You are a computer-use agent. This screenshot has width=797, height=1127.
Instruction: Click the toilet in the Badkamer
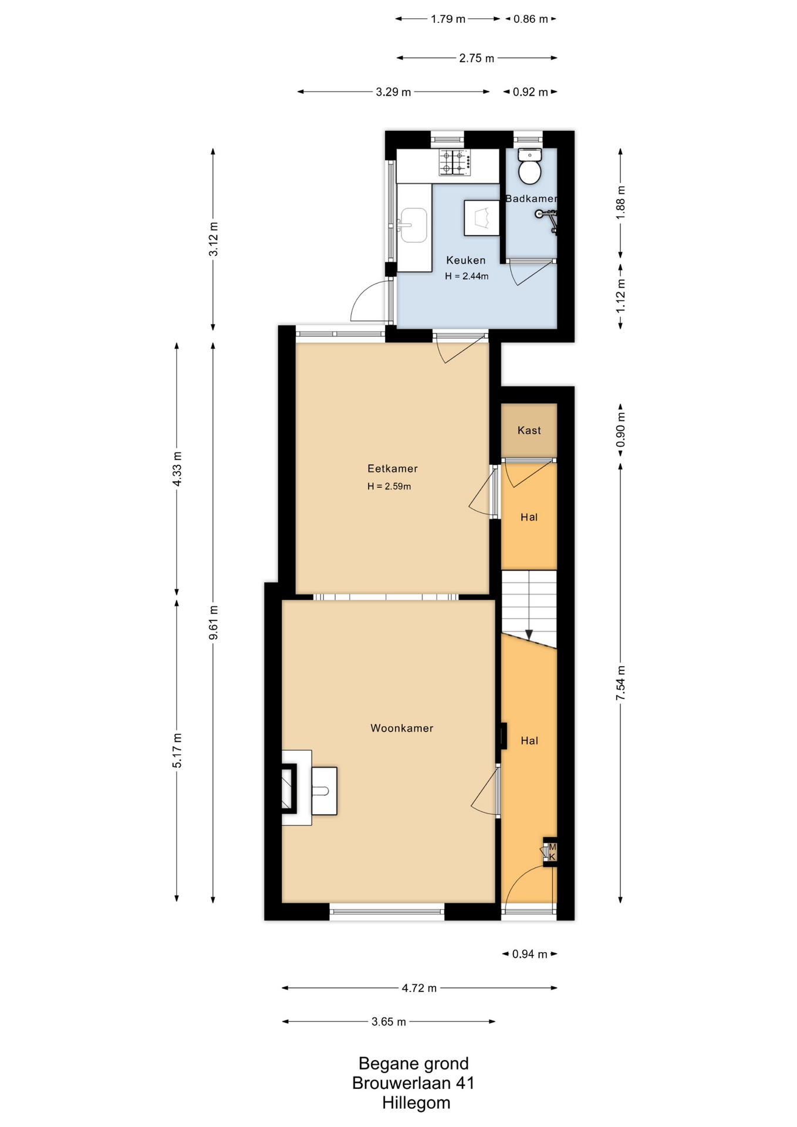point(530,167)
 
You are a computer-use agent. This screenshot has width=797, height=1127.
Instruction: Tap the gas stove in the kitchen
point(455,163)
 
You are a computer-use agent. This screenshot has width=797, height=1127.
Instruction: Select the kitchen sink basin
point(413,225)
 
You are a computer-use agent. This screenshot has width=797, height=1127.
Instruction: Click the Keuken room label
point(466,260)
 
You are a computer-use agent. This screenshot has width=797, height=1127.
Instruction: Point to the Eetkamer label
point(393,468)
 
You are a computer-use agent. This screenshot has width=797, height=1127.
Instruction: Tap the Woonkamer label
point(402,728)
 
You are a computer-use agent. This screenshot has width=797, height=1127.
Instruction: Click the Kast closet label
point(529,430)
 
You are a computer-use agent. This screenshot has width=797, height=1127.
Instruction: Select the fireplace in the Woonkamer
point(289,788)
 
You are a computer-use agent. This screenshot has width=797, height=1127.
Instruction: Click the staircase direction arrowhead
point(529,635)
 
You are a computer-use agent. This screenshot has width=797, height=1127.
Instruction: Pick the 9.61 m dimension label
point(214,622)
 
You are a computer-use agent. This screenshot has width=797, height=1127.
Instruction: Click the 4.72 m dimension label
point(419,988)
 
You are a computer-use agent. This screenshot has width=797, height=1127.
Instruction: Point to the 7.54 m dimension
point(620,683)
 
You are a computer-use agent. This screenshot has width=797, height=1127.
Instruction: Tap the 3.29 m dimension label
point(393,92)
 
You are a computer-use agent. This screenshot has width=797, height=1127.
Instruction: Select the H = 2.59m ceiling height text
point(389,486)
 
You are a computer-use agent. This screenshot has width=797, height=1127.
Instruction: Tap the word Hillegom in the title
point(416,1103)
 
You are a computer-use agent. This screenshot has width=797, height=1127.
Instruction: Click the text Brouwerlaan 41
point(413,1083)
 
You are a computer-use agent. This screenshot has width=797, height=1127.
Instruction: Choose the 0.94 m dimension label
point(530,954)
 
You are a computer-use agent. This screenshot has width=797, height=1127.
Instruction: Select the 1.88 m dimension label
point(620,203)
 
